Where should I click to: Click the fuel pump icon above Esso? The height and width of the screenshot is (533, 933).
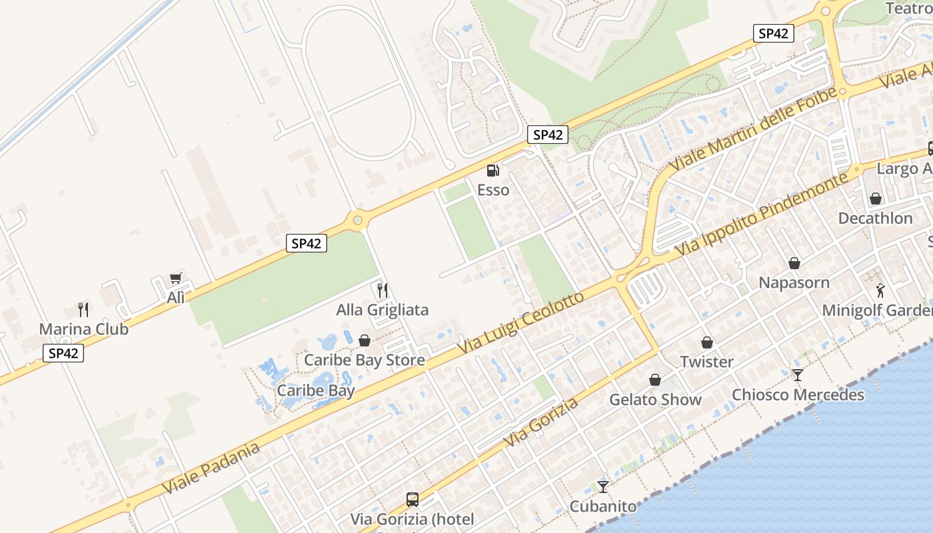492,171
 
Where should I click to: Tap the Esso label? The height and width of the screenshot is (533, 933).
493,191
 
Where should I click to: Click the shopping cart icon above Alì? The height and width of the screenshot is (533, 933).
176,278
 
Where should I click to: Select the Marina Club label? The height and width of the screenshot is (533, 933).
83,329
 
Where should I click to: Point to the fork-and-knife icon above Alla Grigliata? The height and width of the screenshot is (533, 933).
383,290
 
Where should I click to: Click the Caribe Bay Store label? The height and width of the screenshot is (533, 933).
364,360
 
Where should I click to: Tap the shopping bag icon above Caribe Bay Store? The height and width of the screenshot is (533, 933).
365,340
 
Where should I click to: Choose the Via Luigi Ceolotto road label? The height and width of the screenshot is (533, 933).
521,323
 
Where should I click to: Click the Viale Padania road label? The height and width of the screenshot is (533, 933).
210,468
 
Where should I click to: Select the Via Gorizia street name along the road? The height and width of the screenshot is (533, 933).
541,422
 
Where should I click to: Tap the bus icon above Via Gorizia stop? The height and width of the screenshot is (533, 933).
413,499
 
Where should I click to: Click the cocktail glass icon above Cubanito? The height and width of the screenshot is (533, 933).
603,487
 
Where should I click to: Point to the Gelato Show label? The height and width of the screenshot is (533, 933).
655,400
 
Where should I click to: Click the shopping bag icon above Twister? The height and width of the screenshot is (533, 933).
707,342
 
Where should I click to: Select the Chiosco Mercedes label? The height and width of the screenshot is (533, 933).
798,395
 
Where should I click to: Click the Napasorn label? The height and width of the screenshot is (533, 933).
794,282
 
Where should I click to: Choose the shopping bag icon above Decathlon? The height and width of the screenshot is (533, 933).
876,199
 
